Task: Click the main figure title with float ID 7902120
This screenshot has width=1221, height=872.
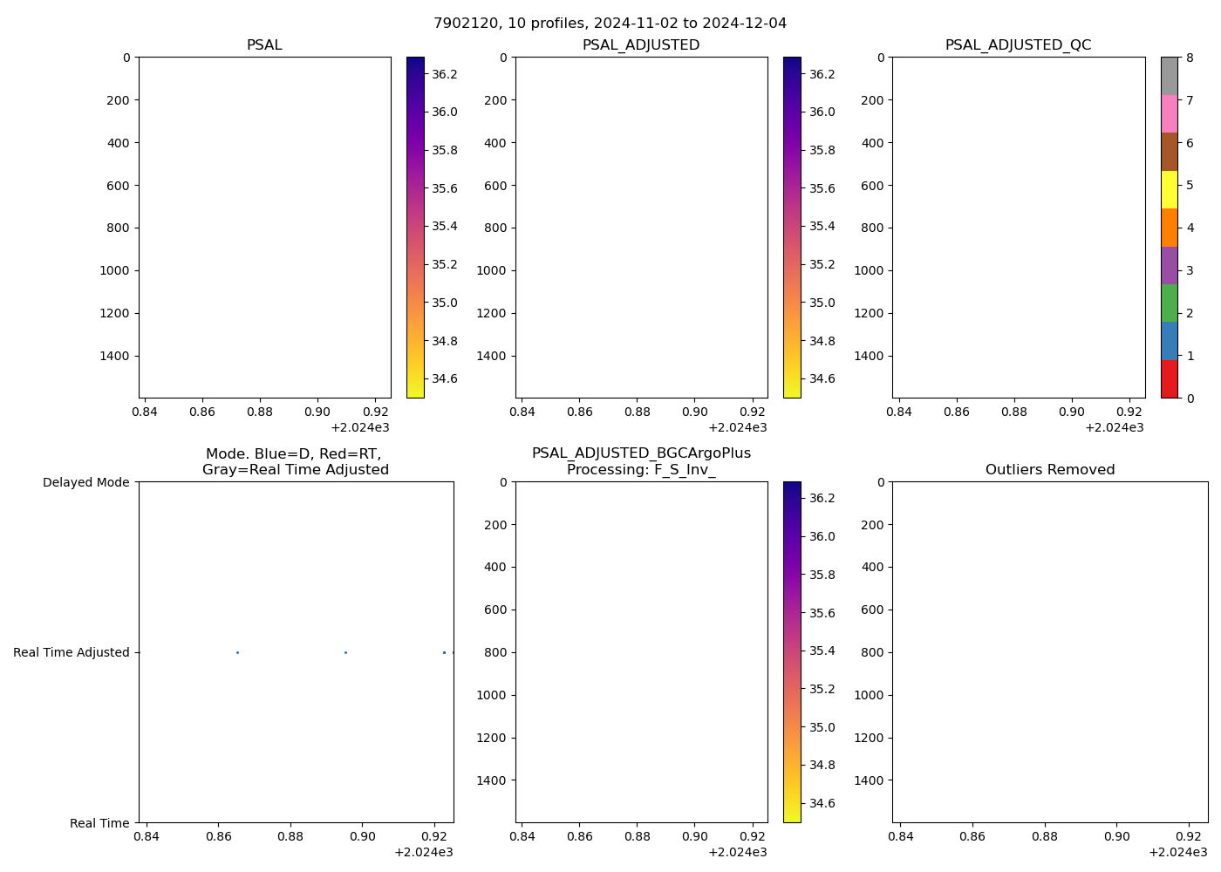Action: (x=610, y=23)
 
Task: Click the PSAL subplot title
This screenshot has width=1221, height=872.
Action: (x=264, y=45)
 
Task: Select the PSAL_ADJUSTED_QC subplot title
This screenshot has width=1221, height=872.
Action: (x=1018, y=45)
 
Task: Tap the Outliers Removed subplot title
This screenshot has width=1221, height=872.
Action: (x=1049, y=470)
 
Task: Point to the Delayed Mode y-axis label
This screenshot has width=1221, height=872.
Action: (x=85, y=482)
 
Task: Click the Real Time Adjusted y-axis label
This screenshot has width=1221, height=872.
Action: (x=71, y=652)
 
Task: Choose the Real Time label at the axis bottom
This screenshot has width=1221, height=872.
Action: (x=99, y=823)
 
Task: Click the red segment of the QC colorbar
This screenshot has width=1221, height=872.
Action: (x=1169, y=379)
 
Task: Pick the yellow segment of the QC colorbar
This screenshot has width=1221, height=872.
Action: (x=1169, y=189)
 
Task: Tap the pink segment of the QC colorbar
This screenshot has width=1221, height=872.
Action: (x=1169, y=113)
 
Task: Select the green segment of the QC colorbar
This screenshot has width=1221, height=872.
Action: (x=1169, y=303)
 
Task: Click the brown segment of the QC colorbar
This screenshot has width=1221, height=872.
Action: (x=1169, y=152)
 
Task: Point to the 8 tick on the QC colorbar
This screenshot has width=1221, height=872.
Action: (x=1190, y=58)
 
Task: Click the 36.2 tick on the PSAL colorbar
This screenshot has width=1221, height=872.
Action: (x=444, y=74)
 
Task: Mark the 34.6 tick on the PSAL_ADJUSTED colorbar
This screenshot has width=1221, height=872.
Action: (x=821, y=378)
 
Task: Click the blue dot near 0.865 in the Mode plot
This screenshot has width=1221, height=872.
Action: (x=237, y=652)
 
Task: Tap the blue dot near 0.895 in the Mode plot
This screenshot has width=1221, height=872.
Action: (x=345, y=652)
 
